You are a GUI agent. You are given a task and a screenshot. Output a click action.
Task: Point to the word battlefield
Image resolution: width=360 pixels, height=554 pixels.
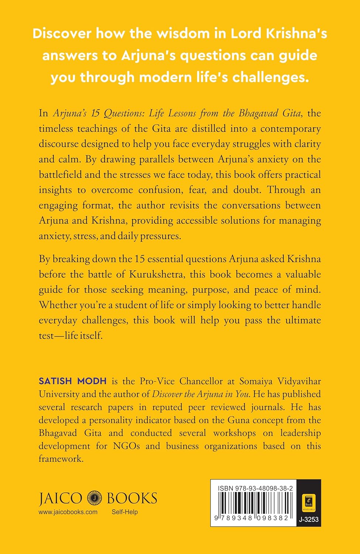pos(61,174)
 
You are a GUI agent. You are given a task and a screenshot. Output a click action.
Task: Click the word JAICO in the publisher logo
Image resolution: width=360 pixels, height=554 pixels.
pos(61,499)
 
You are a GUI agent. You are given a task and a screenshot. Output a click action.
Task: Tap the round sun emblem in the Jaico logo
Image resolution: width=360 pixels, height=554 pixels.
pos(94,498)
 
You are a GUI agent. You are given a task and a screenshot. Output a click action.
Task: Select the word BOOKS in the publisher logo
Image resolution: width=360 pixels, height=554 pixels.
pos(132,499)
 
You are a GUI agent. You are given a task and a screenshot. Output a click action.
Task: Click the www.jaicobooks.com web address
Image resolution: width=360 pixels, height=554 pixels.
pos(68,512)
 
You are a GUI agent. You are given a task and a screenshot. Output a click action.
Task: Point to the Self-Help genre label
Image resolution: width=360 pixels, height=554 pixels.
pos(125,512)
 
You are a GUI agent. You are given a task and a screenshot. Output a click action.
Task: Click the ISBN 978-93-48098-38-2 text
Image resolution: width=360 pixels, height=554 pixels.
pos(255,488)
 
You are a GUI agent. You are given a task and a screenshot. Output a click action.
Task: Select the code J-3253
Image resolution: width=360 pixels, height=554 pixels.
pos(309,520)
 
